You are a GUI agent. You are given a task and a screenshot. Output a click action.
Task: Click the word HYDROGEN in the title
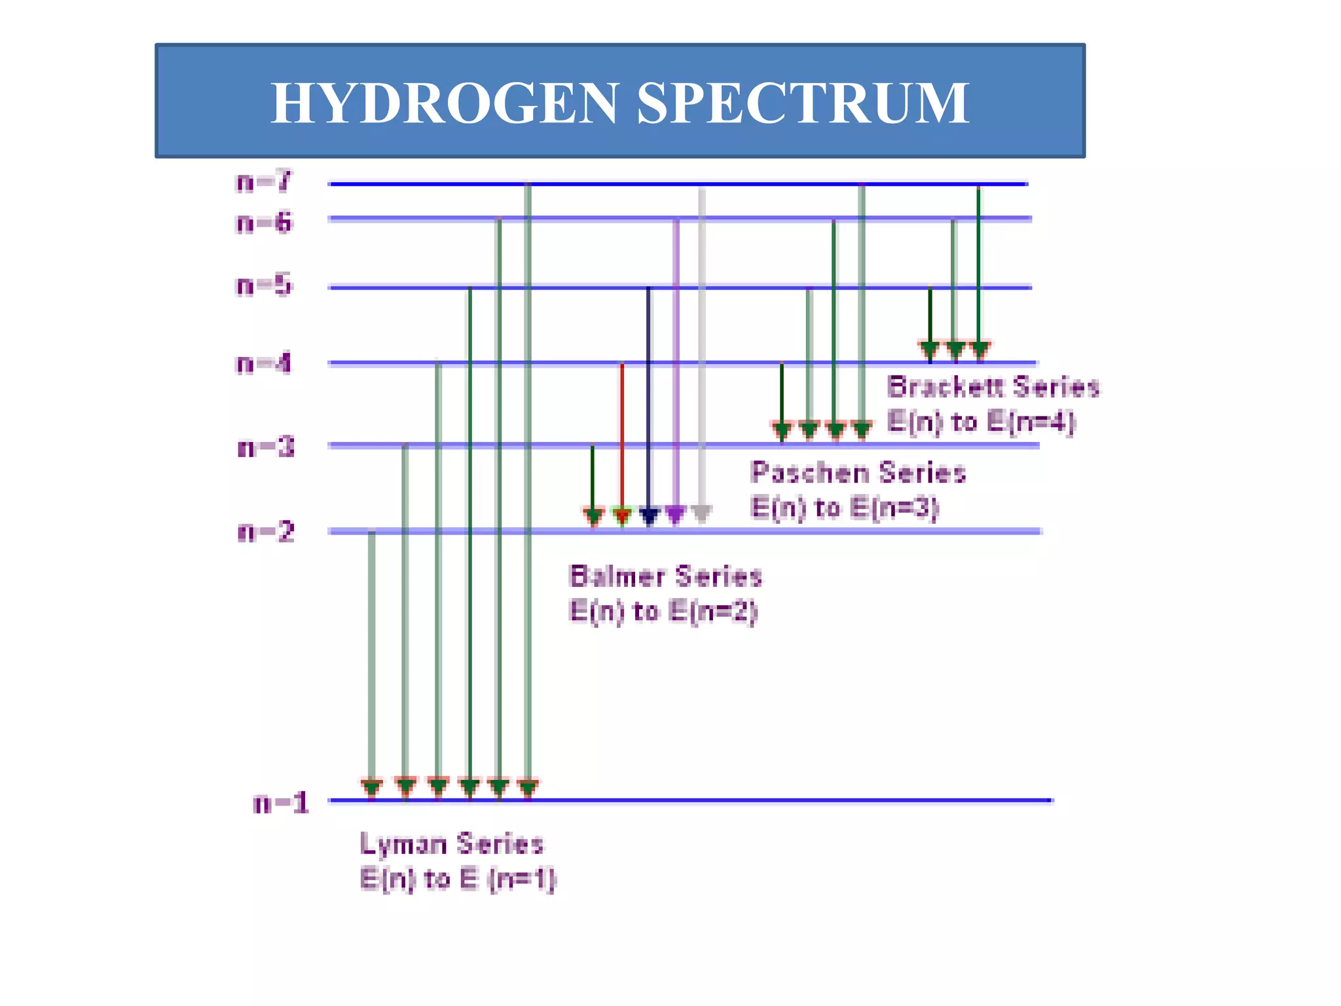(445, 103)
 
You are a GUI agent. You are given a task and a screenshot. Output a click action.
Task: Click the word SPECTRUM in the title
(803, 103)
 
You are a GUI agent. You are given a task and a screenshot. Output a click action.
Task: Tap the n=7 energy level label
(263, 181)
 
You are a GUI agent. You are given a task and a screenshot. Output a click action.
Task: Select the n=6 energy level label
(263, 223)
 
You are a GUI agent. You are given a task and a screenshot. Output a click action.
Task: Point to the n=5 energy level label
(263, 286)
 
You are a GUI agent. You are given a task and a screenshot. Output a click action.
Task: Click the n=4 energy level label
(263, 363)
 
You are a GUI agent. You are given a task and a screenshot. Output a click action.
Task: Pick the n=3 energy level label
(265, 448)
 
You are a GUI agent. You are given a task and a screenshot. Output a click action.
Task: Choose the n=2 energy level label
(265, 532)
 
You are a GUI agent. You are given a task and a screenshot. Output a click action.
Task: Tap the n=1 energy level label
(280, 803)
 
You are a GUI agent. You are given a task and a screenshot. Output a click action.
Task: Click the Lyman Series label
(452, 844)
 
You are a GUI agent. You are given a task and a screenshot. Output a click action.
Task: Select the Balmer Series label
(666, 576)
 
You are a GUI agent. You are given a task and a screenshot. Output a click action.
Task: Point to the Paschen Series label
(858, 472)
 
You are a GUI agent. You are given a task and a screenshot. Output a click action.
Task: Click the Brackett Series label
(993, 386)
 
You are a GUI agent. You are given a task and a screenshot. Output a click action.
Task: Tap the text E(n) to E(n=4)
(981, 422)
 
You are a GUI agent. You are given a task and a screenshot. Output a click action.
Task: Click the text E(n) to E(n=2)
(663, 612)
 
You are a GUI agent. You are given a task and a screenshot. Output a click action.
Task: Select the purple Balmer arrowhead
(676, 514)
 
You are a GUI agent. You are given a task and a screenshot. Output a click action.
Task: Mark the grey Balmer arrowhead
(701, 514)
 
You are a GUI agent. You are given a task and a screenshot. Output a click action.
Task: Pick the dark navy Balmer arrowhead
(649, 515)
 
